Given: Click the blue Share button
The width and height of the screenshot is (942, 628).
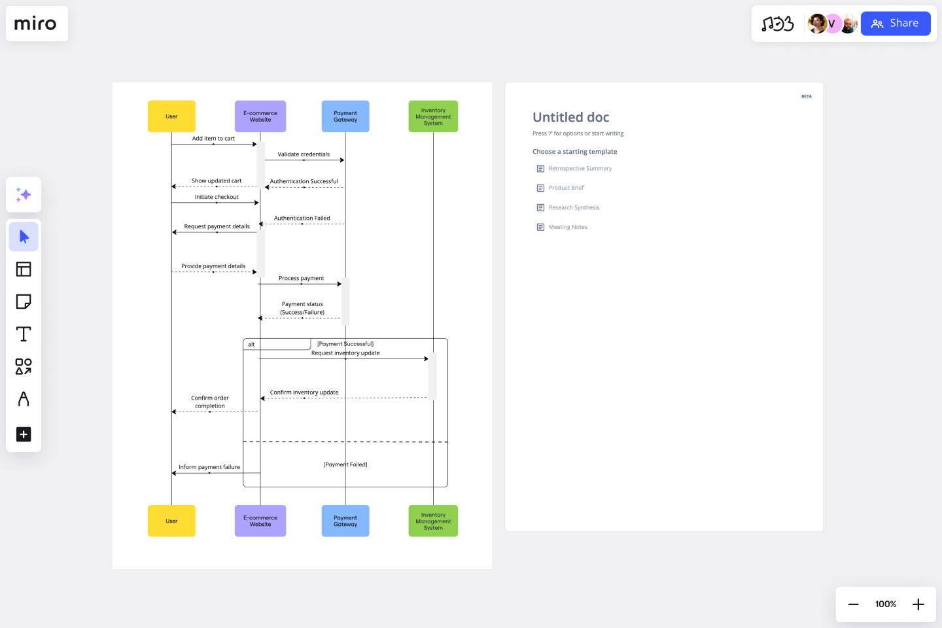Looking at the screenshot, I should coord(895,24).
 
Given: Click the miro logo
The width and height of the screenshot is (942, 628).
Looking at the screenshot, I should coord(36,24).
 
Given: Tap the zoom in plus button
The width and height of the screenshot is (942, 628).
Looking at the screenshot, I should coord(918,604).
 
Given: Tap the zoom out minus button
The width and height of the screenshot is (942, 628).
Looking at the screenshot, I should coord(853,604).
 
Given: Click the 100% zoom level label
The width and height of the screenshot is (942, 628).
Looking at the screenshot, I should coord(886,604).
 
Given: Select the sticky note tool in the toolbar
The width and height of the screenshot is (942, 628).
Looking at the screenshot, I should coord(24,302).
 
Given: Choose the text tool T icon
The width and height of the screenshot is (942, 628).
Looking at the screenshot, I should coord(24,334).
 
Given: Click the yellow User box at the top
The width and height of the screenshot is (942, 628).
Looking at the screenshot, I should coord(171,116).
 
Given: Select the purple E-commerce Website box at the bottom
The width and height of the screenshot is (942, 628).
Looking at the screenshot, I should coord(260,521).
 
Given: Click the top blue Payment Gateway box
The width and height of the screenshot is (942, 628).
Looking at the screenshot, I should coord(345,116).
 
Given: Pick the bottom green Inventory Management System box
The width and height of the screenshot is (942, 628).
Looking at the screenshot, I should coord(433,521).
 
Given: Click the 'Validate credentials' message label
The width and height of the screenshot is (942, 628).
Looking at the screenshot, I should coord(304,154).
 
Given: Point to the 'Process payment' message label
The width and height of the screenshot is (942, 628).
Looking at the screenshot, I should coord(301,278).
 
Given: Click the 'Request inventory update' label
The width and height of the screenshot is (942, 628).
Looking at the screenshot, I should coord(345,353).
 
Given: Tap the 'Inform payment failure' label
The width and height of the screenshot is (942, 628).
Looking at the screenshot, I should coord(209,467).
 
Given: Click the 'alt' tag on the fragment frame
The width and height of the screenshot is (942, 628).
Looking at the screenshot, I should coord(251,344).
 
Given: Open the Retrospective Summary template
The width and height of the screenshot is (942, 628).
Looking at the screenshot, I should coord(580,169).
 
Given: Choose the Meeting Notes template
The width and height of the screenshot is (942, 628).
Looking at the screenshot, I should coord(568,227).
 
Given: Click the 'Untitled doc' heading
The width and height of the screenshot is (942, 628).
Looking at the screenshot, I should coord(570,117).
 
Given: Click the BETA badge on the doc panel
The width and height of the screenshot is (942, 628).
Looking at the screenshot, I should coord(806,96).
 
